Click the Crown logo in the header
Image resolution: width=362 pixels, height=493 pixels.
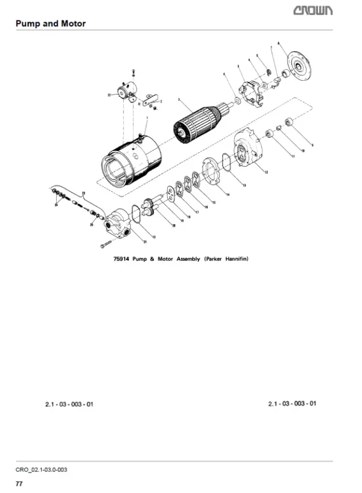(328, 10)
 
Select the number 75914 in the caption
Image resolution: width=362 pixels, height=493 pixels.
(122, 259)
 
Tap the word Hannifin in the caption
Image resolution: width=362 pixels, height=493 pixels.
(235, 259)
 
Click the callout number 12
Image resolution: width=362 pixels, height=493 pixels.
(265, 173)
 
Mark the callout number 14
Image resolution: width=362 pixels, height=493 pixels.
(227, 194)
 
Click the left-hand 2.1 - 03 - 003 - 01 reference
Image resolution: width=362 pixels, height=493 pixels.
(69, 404)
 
